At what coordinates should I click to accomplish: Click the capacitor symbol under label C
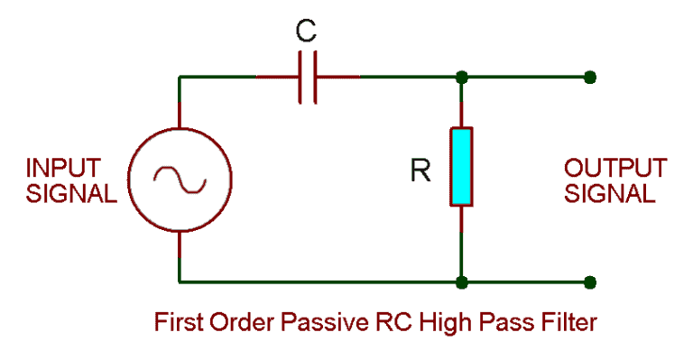point(308,78)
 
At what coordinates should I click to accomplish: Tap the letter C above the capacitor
point(307,32)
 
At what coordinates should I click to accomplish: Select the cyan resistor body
point(462,167)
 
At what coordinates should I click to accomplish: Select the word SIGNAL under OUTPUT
point(610,194)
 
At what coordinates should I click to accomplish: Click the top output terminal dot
point(589,78)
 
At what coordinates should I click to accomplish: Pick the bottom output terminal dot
point(589,282)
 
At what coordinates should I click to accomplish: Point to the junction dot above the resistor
point(462,78)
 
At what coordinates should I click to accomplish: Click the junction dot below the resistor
point(462,282)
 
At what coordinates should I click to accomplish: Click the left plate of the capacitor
point(300,78)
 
